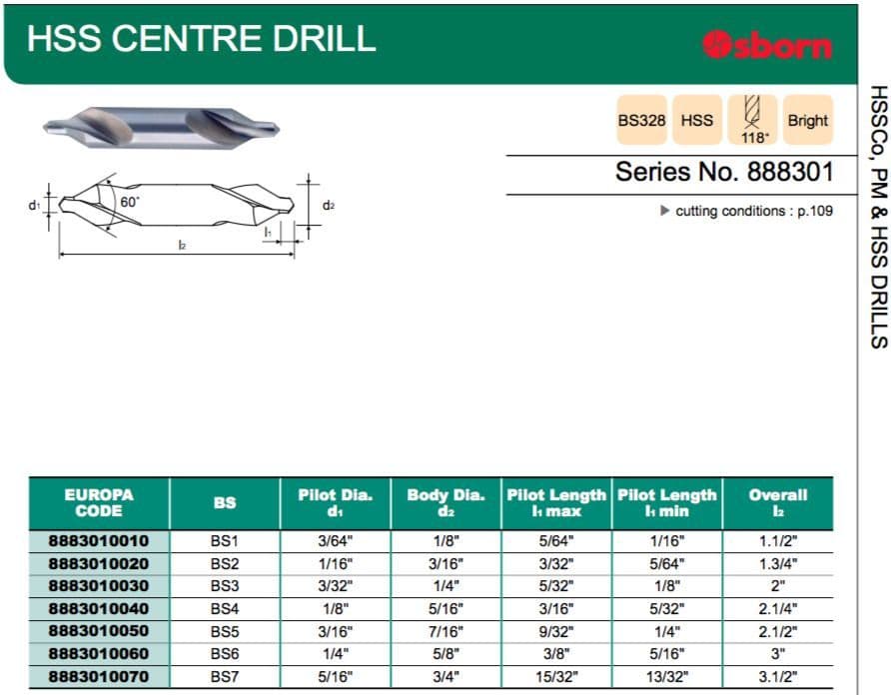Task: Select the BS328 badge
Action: (x=641, y=120)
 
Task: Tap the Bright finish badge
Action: (x=807, y=120)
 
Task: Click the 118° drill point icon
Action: (x=753, y=120)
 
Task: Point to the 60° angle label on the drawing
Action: (x=130, y=202)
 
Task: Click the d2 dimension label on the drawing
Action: (x=329, y=205)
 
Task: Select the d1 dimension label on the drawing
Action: (x=35, y=205)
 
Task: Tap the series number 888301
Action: (x=790, y=172)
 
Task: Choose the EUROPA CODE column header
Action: (x=99, y=503)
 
